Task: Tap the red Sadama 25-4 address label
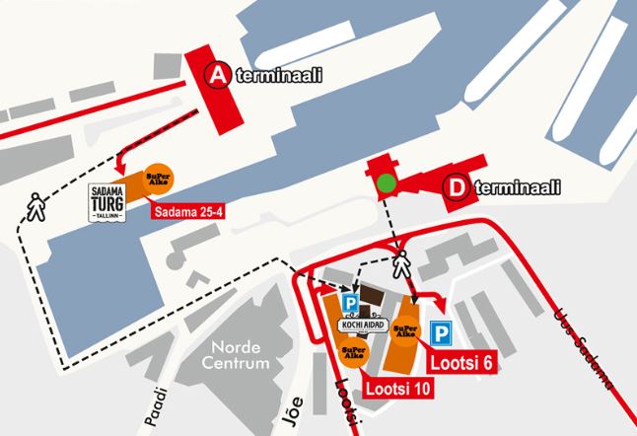tap(188, 209)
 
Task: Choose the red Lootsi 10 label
tap(397, 389)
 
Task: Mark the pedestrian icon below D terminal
tap(401, 263)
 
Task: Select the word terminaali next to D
tap(516, 187)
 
